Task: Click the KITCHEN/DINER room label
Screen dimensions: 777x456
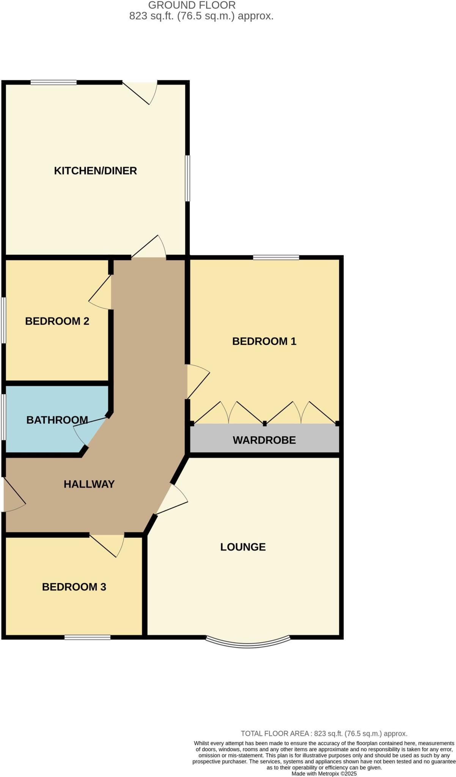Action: (x=95, y=171)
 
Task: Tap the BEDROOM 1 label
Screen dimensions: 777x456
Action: (x=264, y=341)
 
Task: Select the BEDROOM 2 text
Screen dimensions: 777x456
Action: (x=57, y=321)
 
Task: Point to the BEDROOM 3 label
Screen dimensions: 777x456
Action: (x=74, y=587)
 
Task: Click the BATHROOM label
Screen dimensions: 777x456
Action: (x=57, y=420)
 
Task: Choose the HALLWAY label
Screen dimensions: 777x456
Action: (x=89, y=484)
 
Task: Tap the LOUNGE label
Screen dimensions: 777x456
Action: (x=243, y=547)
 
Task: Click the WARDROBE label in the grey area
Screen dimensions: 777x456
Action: (x=264, y=440)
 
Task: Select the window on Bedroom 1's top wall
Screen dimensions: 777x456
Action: (x=276, y=258)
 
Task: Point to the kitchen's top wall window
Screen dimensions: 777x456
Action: (x=53, y=82)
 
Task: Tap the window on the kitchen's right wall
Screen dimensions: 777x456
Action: (x=187, y=178)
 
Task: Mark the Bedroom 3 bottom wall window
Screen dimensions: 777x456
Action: (x=87, y=637)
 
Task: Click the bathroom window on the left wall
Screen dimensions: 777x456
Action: (x=3, y=417)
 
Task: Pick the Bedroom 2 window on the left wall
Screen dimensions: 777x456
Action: (x=3, y=320)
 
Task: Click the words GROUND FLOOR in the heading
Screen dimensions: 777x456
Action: (x=192, y=5)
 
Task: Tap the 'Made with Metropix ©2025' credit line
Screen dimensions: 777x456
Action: (x=324, y=774)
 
